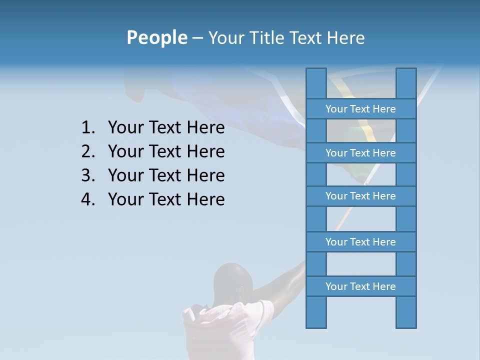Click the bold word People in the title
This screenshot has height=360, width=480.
[x=156, y=38]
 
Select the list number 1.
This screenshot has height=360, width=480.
[x=87, y=128]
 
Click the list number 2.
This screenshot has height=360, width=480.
[x=87, y=151]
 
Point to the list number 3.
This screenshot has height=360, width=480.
[x=87, y=175]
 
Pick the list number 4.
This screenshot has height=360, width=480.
[x=87, y=199]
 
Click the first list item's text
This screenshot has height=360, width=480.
[x=166, y=128]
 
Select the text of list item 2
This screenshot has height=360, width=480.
[x=166, y=151]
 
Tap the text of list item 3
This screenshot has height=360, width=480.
[x=166, y=175]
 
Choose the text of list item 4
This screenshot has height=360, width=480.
[x=166, y=199]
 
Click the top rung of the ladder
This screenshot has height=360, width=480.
[x=360, y=109]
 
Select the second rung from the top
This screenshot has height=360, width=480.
[x=360, y=153]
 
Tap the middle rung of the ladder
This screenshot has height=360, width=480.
[x=360, y=196]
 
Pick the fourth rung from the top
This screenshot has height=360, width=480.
[x=360, y=242]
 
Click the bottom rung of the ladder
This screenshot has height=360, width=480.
[x=360, y=286]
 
